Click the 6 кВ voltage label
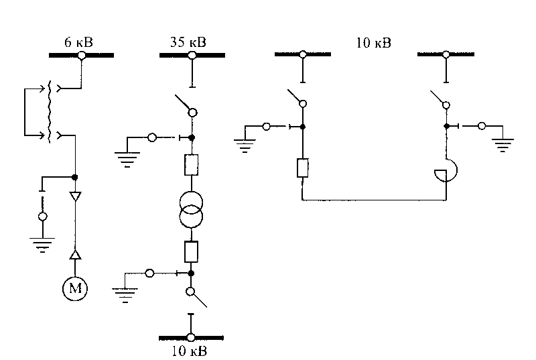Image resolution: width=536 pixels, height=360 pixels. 78,42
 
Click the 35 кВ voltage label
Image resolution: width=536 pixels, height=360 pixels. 188,42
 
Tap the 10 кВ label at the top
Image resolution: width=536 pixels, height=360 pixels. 374,43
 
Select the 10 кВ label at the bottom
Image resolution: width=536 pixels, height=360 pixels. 189,351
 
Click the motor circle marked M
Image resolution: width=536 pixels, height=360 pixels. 75,288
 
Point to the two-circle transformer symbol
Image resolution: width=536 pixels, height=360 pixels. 191,210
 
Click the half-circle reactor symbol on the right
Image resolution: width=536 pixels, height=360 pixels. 446,170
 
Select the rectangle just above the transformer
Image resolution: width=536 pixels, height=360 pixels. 191,165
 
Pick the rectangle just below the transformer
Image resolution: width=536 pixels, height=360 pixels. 191,251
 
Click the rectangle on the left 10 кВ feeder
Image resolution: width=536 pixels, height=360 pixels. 303,168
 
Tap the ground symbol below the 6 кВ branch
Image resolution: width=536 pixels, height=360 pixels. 42,245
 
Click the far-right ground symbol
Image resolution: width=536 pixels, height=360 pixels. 503,145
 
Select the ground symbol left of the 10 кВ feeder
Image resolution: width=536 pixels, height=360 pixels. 245,145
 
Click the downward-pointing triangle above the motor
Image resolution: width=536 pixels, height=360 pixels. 75,196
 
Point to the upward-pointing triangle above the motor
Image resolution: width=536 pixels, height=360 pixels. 75,255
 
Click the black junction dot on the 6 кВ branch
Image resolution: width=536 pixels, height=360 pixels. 75,177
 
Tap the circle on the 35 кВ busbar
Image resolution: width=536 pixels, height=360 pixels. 192,55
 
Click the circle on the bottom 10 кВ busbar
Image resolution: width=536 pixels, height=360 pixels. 191,338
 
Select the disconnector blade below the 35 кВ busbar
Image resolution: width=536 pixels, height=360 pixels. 184,103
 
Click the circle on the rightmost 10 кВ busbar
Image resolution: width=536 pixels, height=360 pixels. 446,54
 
